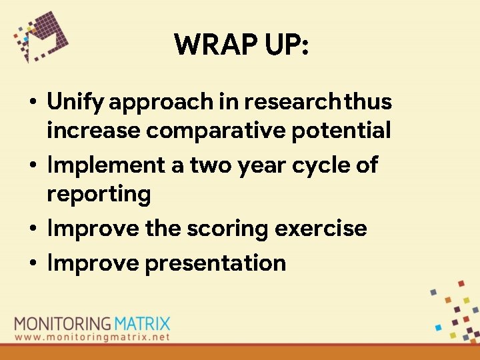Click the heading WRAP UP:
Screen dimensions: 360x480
pyautogui.click(x=241, y=45)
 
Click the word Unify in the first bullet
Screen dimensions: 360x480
pyautogui.click(x=75, y=102)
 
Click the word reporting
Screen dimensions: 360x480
pyautogui.click(x=99, y=195)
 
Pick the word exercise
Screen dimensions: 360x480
pyautogui.click(x=321, y=228)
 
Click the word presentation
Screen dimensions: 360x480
pyautogui.click(x=215, y=263)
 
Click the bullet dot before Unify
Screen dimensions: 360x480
pyautogui.click(x=32, y=103)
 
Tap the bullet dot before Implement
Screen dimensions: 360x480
pyautogui.click(x=32, y=165)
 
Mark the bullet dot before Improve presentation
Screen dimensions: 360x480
pyautogui.click(x=32, y=263)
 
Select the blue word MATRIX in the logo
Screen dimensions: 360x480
pyautogui.click(x=141, y=325)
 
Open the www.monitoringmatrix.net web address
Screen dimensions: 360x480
pyautogui.click(x=92, y=337)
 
